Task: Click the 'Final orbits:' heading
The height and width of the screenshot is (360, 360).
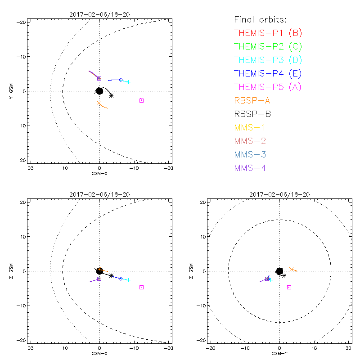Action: point(260,19)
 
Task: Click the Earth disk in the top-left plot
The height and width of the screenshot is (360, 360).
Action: point(99,91)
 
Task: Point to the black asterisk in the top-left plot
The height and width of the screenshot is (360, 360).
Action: point(111,95)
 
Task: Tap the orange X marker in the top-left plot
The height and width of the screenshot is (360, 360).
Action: point(99,103)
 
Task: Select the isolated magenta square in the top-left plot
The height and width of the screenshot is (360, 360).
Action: point(141,100)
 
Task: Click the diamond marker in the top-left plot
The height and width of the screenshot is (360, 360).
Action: point(121,80)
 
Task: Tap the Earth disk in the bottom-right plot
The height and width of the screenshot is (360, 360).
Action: point(279,271)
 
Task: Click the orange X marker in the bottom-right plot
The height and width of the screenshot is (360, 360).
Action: point(292,269)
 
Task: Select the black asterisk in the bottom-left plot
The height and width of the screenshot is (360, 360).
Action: point(111,275)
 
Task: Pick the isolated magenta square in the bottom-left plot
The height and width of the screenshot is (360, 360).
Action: point(141,287)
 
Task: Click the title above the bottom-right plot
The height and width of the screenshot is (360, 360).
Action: point(279,194)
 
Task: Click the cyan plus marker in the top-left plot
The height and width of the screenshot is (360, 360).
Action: point(129,82)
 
